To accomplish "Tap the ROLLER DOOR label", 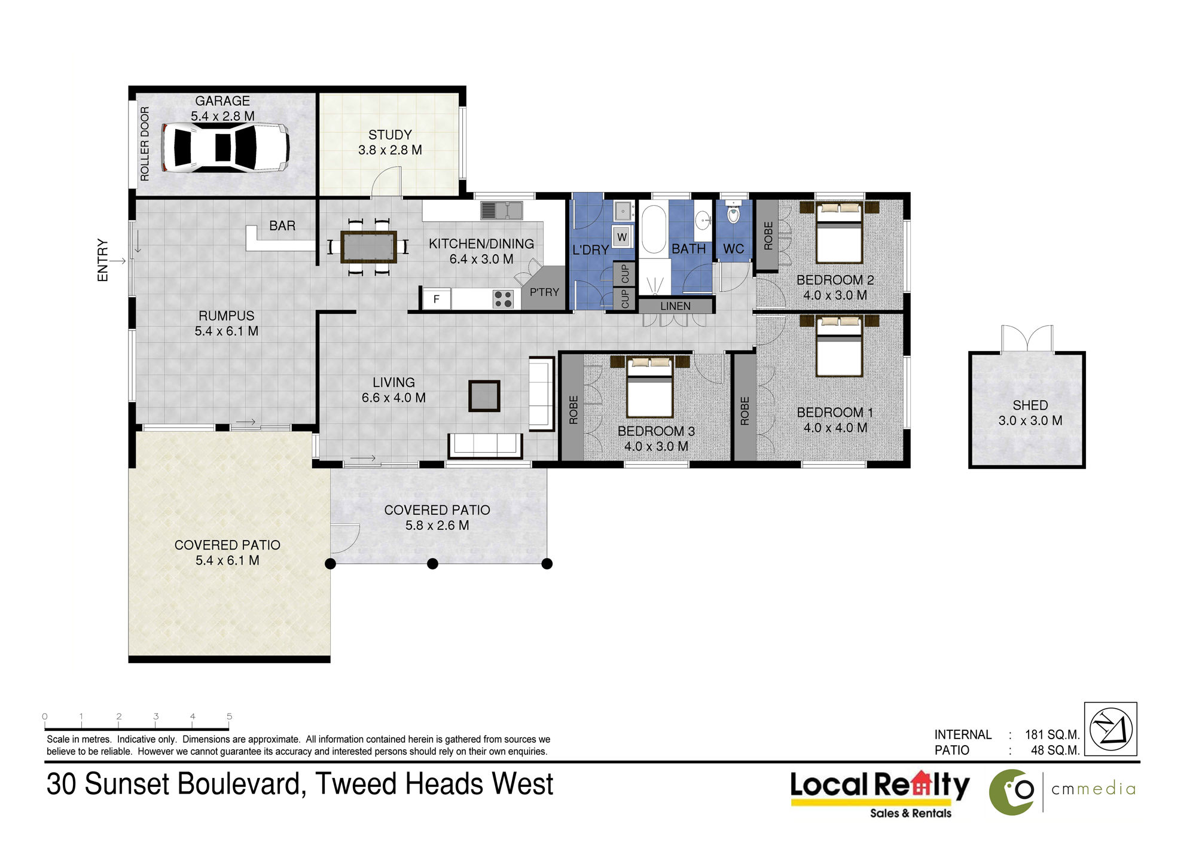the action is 145,144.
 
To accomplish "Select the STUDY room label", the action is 390,135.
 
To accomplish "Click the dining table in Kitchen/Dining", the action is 368,247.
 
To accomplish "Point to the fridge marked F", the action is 437,299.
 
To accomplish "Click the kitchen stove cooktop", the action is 503,298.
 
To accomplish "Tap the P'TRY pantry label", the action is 544,292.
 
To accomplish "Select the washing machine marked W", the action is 622,237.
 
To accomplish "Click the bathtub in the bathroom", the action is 653,230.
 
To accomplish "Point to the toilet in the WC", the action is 733,212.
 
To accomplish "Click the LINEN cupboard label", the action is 675,306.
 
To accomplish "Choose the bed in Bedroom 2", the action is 839,233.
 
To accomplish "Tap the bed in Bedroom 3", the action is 650,387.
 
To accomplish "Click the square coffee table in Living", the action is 484,396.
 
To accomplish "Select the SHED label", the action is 1030,405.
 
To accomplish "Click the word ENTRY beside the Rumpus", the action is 103,260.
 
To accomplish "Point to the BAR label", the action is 282,226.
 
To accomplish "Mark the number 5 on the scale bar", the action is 229,716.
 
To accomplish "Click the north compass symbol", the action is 1110,729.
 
